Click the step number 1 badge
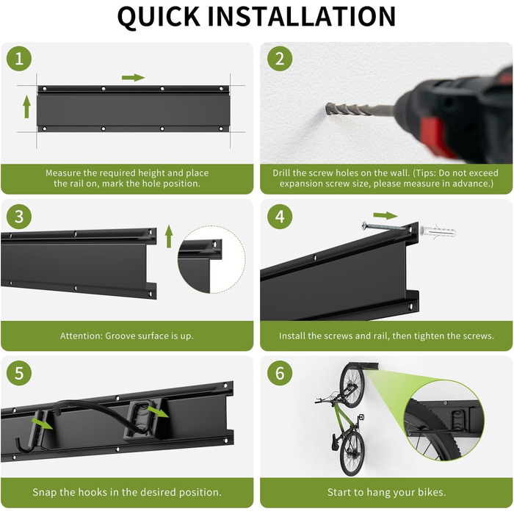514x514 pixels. point(19,59)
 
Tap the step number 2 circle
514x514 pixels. point(280,59)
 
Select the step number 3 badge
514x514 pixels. point(19,217)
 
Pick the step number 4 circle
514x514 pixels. point(280,217)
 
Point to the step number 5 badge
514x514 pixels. point(19,373)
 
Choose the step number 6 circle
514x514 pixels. point(280,373)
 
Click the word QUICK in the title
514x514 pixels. point(159,17)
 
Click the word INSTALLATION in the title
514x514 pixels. point(302,16)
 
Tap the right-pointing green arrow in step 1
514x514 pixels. point(134,78)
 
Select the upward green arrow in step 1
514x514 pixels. point(27,106)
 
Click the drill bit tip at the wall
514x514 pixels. point(327,107)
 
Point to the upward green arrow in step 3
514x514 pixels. point(169,236)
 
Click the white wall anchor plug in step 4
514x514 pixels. point(438,231)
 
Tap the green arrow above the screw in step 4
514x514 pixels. point(385,216)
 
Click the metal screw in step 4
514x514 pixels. point(383,226)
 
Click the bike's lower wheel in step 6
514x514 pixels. point(352,452)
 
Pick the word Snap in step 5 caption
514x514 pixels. point(45,493)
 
